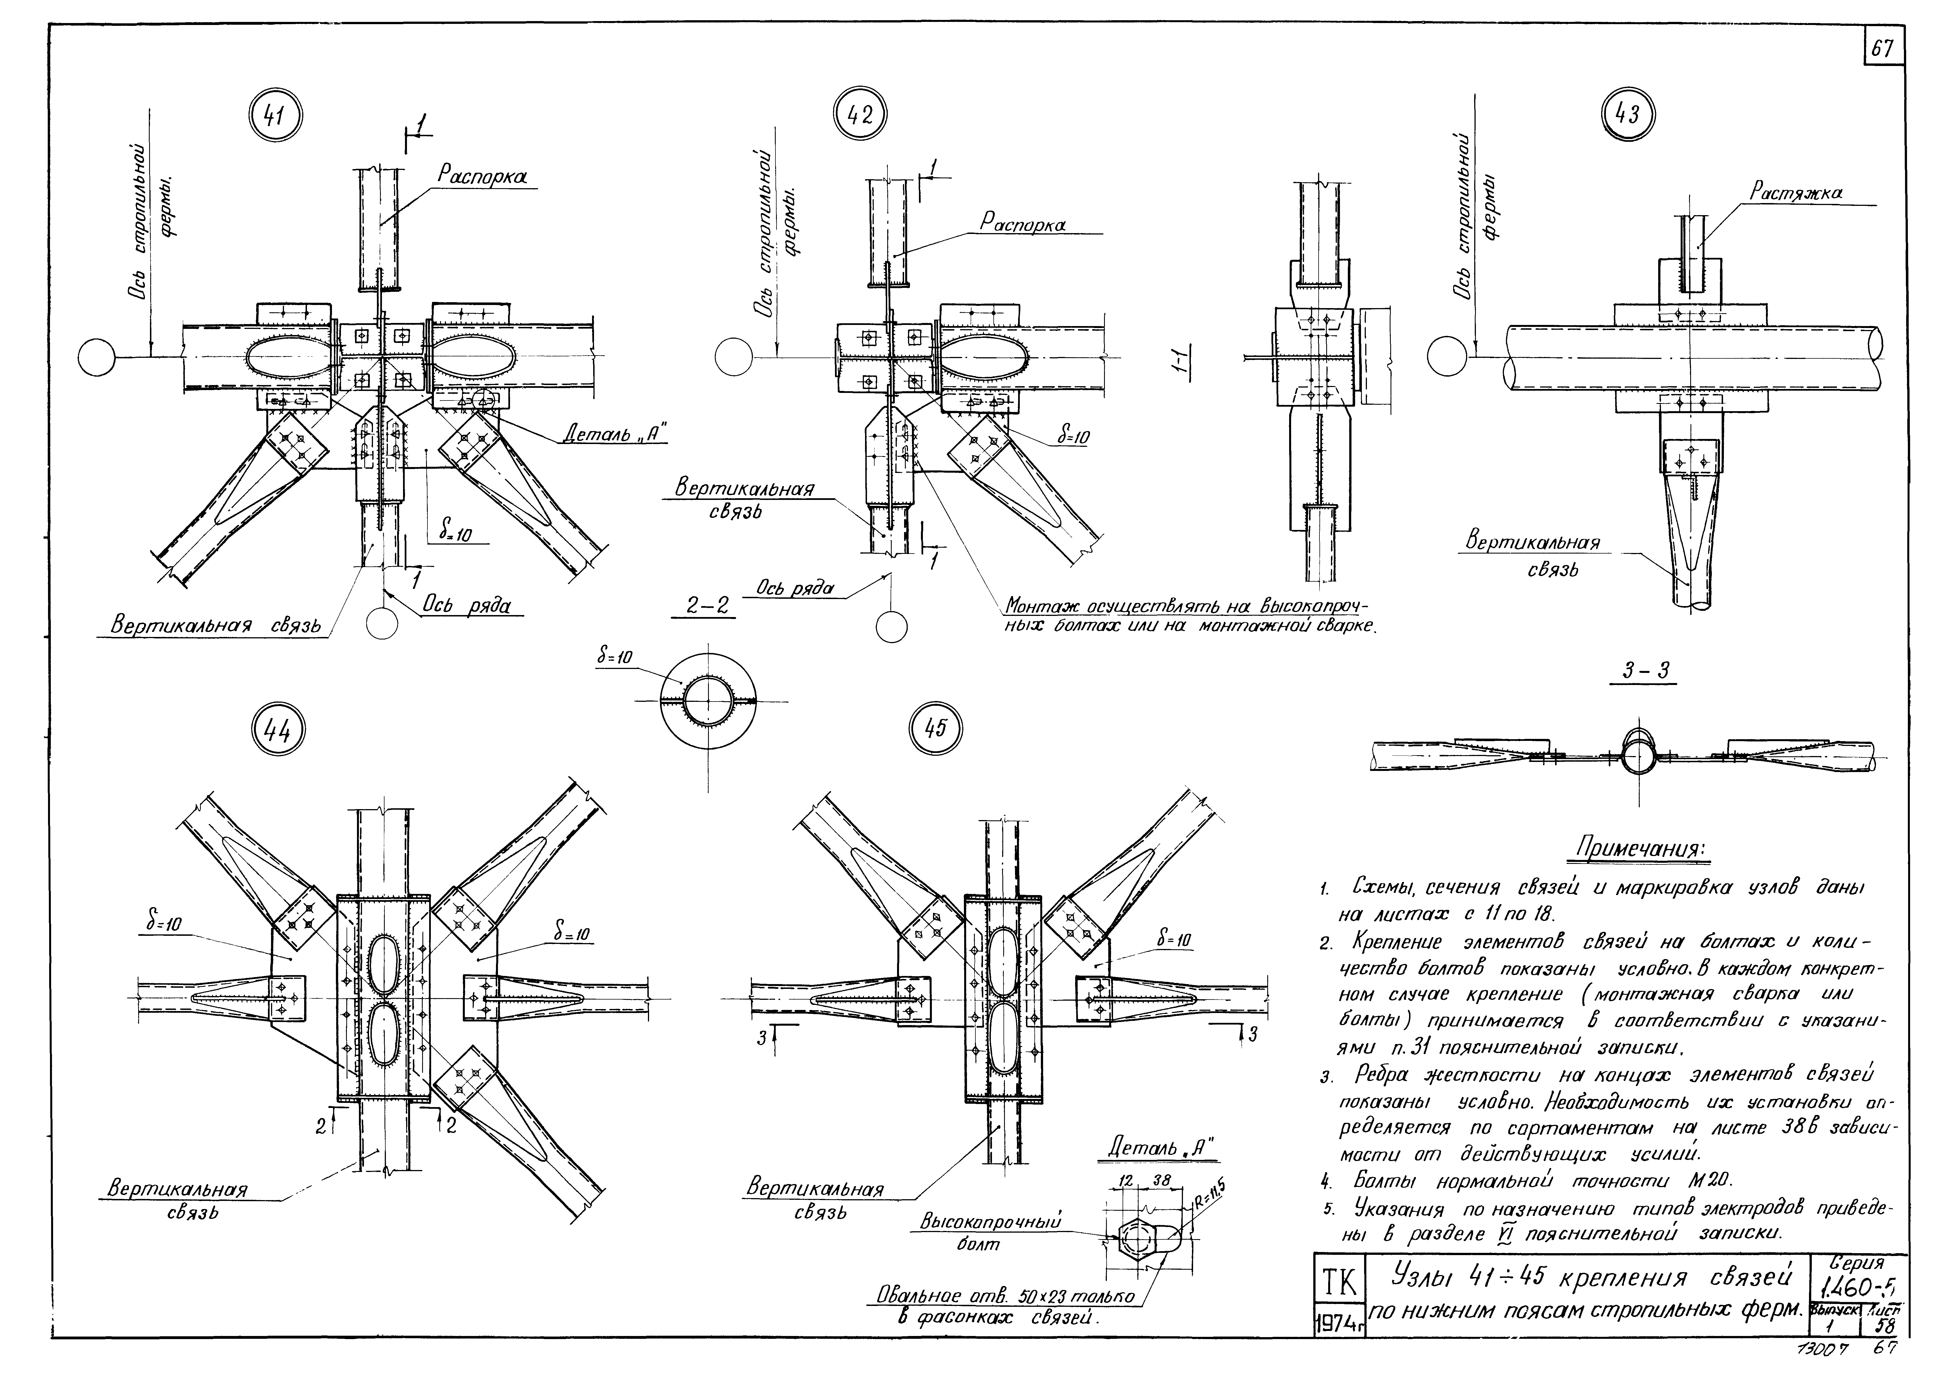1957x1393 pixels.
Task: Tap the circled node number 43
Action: (1628, 114)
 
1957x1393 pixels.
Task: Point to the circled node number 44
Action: (276, 732)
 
